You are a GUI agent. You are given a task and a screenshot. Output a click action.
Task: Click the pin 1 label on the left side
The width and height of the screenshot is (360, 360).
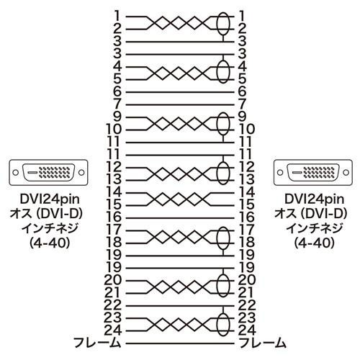tap(117, 16)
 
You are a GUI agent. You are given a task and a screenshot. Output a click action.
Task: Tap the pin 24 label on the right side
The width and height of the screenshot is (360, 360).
tap(247, 330)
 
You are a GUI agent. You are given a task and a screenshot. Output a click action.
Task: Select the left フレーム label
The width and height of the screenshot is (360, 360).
tap(96, 343)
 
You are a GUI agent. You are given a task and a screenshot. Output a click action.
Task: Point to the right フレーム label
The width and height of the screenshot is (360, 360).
tap(263, 343)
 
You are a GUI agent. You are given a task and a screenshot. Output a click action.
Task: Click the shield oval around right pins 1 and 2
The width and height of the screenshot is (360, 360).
tap(217, 23)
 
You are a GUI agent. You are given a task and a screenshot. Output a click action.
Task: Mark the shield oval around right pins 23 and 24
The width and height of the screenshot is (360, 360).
tap(217, 324)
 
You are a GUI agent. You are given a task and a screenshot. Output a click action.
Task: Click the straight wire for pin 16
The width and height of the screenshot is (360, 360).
tap(180, 218)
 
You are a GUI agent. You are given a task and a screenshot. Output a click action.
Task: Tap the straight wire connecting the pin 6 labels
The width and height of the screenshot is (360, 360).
tap(180, 92)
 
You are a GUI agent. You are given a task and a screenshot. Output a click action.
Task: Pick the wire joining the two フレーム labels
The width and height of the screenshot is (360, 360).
tap(180, 343)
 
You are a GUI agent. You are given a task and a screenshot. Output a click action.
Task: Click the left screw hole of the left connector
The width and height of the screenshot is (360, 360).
tap(16, 173)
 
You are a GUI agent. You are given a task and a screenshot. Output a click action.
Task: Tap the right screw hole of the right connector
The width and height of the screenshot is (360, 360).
tap(346, 173)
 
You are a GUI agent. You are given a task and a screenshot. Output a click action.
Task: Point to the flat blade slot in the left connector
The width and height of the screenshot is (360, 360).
tap(32, 173)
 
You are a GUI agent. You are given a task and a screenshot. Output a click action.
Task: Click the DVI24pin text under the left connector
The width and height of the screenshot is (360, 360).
tap(50, 199)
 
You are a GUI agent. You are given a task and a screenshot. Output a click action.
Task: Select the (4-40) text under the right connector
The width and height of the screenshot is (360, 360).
tap(314, 243)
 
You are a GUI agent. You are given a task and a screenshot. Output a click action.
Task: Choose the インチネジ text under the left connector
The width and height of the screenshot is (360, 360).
tap(50, 228)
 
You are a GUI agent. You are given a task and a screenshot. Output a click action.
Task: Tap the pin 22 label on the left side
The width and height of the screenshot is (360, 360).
tap(113, 305)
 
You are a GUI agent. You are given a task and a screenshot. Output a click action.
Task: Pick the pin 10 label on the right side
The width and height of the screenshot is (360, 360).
tap(247, 130)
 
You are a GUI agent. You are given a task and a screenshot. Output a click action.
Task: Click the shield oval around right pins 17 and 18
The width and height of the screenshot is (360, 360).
tap(217, 238)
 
